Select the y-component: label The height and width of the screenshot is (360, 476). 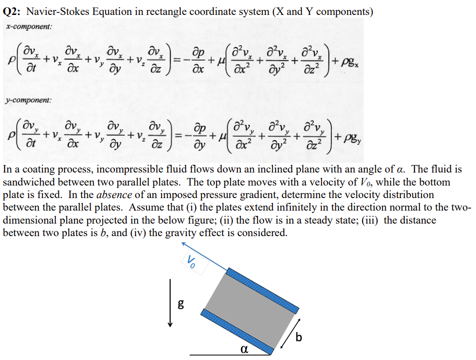coord(28,100)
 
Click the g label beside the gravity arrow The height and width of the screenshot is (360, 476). coord(181,304)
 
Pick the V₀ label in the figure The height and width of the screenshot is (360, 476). coord(191,262)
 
